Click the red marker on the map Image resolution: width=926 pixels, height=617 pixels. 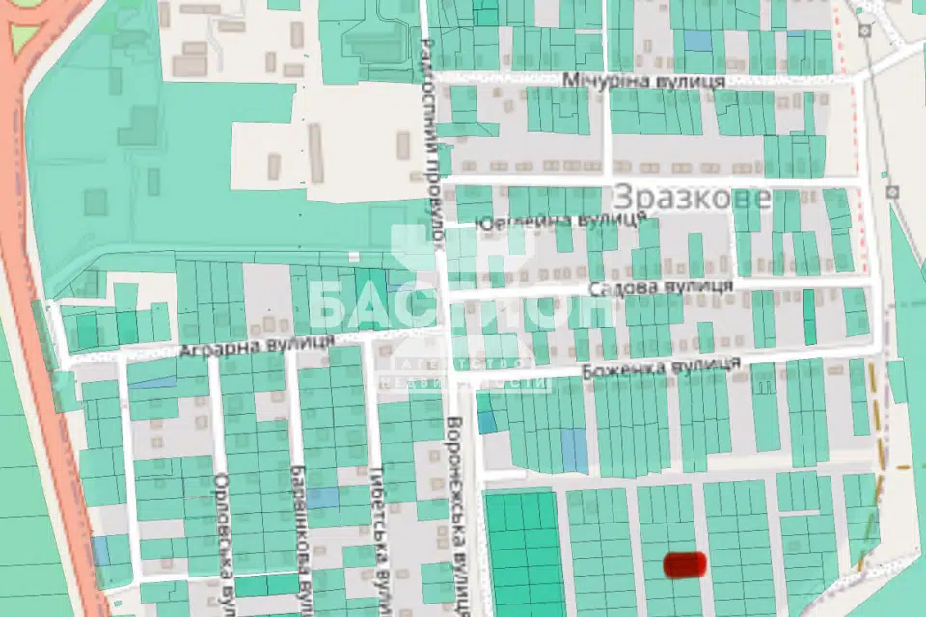[686, 564]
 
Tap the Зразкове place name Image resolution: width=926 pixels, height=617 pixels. [692, 199]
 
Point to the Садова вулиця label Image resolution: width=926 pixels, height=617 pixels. [661, 287]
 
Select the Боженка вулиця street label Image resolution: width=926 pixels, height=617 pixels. [661, 366]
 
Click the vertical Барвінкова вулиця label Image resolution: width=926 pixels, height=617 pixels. [299, 535]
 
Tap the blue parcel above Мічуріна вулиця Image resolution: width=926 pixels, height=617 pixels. [696, 40]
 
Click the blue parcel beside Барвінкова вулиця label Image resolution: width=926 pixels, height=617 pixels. [323, 497]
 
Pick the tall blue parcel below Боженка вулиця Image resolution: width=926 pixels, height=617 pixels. [575, 451]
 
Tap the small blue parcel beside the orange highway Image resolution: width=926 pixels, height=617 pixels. [100, 550]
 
